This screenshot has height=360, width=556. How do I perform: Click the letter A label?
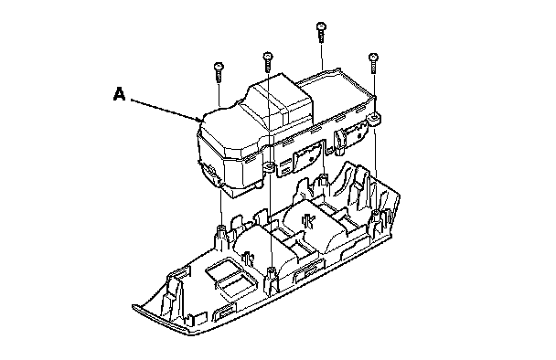pos(119,94)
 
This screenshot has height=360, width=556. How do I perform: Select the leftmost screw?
pos(219,72)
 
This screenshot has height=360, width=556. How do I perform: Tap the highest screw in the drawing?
pos(321,32)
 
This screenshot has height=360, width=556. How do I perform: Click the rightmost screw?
pos(373,63)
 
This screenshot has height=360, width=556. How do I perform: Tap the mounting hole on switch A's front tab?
pos(269,165)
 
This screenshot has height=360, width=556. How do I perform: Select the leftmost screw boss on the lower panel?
pos(221,235)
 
